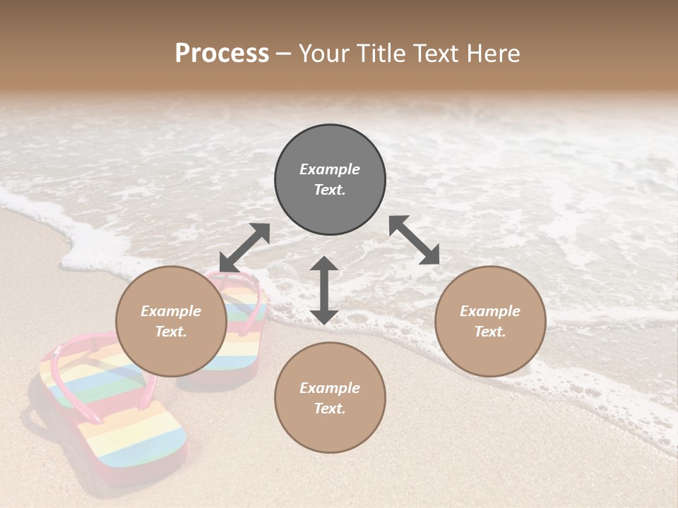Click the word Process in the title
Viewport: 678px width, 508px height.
pyautogui.click(x=222, y=54)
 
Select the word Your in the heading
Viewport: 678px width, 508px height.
pyautogui.click(x=322, y=54)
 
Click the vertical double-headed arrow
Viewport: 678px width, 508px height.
pyautogui.click(x=324, y=290)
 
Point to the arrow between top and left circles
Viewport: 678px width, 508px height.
pyautogui.click(x=244, y=248)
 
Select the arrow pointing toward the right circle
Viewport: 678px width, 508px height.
pyautogui.click(x=414, y=240)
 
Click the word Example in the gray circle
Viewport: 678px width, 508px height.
pyautogui.click(x=330, y=169)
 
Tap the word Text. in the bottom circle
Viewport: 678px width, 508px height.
pyautogui.click(x=330, y=409)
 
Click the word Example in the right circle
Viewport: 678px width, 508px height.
pyautogui.click(x=490, y=311)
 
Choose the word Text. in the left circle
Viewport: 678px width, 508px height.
pyautogui.click(x=171, y=332)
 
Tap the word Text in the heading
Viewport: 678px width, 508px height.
pyautogui.click(x=436, y=54)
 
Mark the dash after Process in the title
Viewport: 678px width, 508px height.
pyautogui.click(x=284, y=54)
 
